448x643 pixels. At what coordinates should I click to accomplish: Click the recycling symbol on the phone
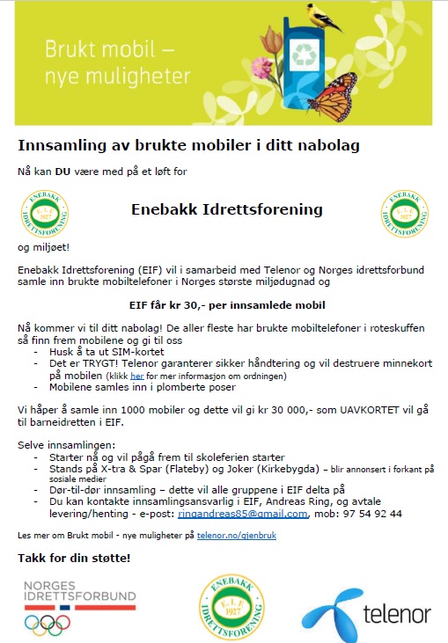(307, 53)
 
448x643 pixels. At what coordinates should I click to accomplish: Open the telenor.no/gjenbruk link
(236, 535)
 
